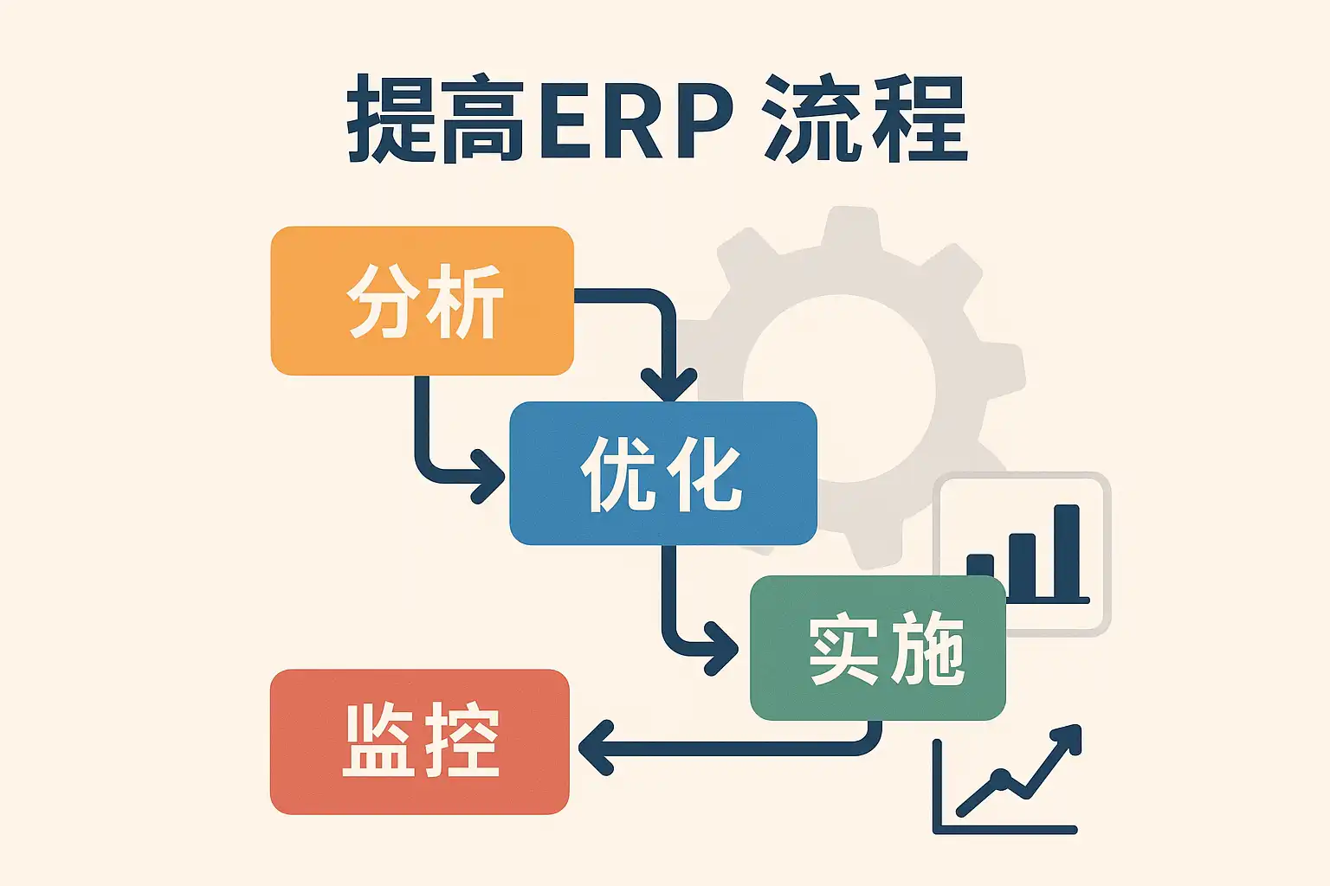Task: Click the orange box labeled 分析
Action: (422, 300)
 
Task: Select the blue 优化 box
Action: (662, 473)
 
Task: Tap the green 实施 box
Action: (877, 648)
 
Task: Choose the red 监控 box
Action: (420, 742)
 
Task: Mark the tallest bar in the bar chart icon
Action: (1066, 550)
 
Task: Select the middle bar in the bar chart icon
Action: (1023, 565)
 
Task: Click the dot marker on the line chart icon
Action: (1002, 776)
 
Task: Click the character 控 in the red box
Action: (461, 742)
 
